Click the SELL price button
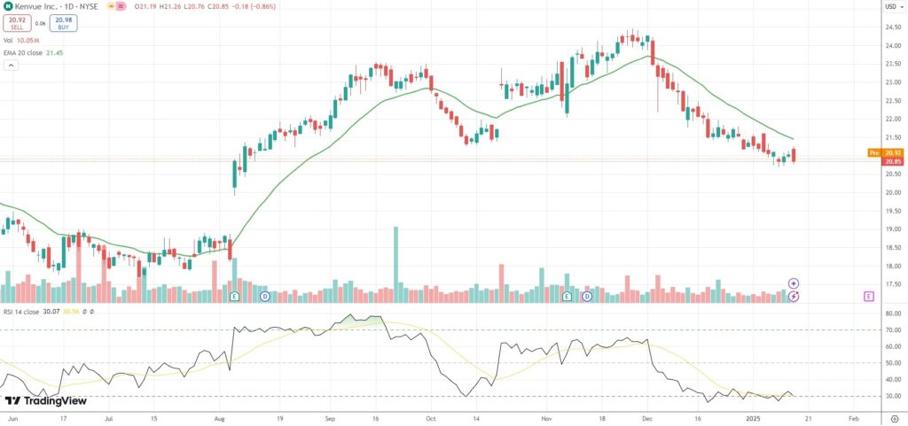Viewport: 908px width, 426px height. (16, 23)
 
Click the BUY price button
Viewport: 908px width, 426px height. (63, 23)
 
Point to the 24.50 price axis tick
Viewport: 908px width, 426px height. (891, 27)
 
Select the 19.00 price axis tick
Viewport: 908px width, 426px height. (891, 228)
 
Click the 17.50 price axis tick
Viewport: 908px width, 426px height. (891, 284)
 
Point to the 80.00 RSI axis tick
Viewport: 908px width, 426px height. (891, 314)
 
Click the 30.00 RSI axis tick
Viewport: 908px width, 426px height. (891, 396)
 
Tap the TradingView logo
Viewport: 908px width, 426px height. (44, 401)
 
